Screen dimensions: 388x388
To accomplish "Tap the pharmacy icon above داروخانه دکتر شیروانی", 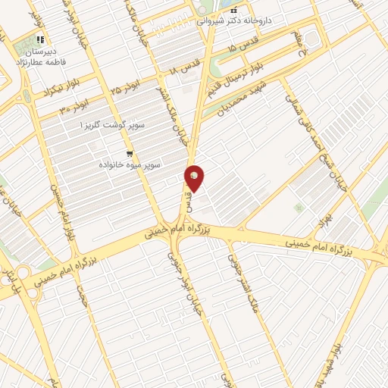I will [x=234, y=11].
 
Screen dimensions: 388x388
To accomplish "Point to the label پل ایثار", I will [x=9, y=277].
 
